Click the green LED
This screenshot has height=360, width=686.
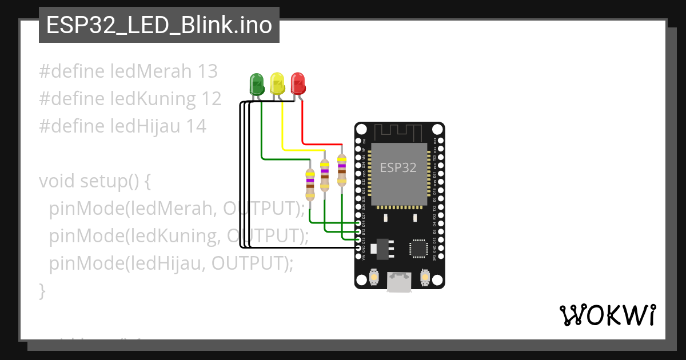click(257, 84)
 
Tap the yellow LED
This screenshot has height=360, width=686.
click(277, 83)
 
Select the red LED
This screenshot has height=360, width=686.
click(297, 83)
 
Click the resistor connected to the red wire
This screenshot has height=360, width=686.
click(342, 170)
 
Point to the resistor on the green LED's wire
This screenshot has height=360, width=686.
click(310, 184)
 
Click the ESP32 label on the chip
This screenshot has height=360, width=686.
click(398, 167)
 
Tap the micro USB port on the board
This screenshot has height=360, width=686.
click(398, 281)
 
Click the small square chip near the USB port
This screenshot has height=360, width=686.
click(418, 249)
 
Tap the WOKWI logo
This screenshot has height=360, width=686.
click(607, 315)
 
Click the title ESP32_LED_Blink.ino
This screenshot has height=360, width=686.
click(159, 25)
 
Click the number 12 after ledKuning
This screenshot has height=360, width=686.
click(211, 99)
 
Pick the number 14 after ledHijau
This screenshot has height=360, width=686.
click(196, 126)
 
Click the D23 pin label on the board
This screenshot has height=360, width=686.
click(434, 141)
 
